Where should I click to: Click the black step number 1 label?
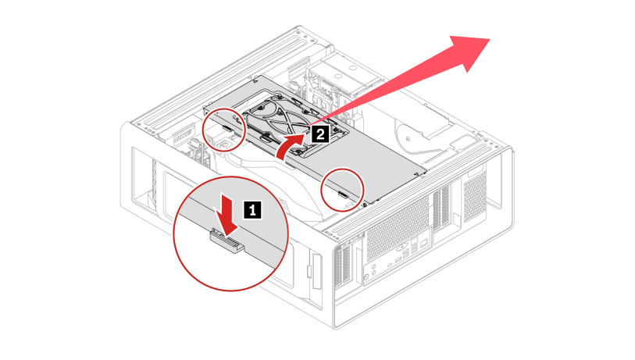tap(252, 209)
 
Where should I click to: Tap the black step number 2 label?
tap(319, 134)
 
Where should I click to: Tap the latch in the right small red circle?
tap(344, 193)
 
